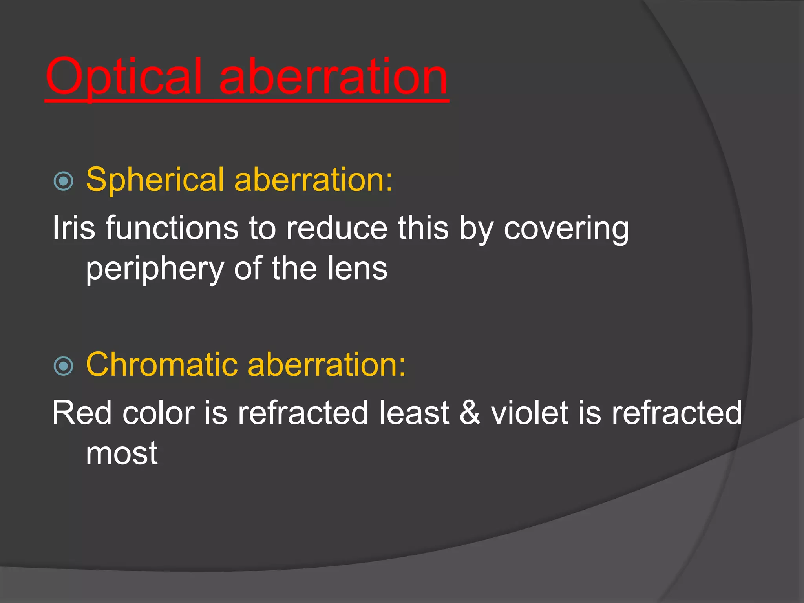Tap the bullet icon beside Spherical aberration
pyautogui.click(x=64, y=181)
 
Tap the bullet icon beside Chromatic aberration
pyautogui.click(x=64, y=366)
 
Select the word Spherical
pyautogui.click(x=155, y=180)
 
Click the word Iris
pyautogui.click(x=74, y=228)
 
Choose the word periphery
pyautogui.click(x=155, y=269)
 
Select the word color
pyautogui.click(x=159, y=413)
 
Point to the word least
pyautogui.click(x=414, y=413)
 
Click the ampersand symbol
pyautogui.click(x=470, y=413)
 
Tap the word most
pyautogui.click(x=122, y=454)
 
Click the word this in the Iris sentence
pyautogui.click(x=423, y=228)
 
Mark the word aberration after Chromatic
pyautogui.click(x=327, y=364)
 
